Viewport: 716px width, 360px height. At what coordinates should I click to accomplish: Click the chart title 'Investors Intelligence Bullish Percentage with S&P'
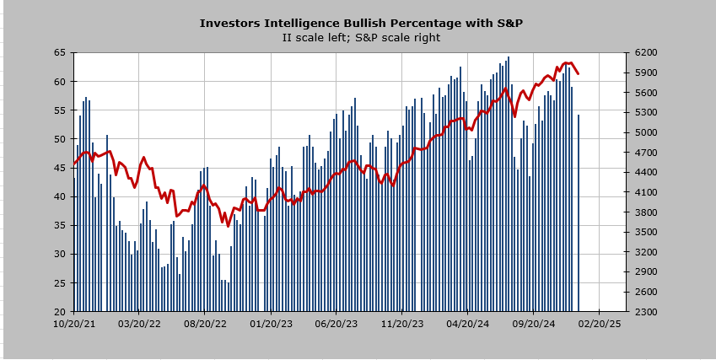coord(360,23)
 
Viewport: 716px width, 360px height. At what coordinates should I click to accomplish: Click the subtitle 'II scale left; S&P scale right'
coord(360,37)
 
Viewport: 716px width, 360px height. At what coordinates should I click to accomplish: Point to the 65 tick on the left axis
coord(59,52)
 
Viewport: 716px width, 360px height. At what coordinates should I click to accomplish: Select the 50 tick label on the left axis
coord(59,139)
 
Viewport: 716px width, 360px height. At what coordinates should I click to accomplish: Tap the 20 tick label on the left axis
coord(59,312)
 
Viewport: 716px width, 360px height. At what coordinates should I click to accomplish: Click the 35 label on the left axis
coord(59,225)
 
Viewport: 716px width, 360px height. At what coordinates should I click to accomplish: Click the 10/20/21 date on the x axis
coord(73,323)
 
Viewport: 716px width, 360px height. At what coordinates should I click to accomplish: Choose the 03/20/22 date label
coord(139,323)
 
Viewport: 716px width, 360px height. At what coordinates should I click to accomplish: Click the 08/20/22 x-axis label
coord(205,323)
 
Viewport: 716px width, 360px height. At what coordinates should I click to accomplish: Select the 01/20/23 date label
coord(271,323)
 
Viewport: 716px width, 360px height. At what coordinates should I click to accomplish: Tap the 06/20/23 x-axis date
coord(336,323)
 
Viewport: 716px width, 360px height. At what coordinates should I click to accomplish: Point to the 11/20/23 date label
coord(402,323)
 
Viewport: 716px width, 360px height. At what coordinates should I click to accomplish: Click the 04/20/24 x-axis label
coord(468,323)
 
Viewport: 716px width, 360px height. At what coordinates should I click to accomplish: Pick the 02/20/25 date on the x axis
coord(600,323)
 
